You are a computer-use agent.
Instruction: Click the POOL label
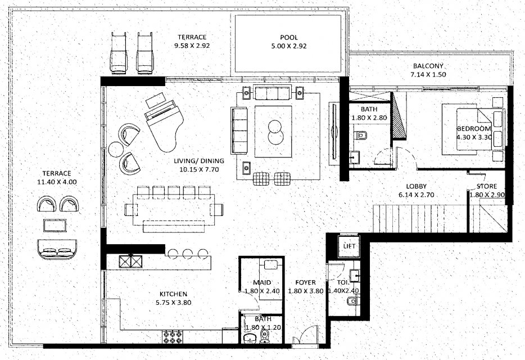[288, 38]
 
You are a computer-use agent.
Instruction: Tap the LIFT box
[349, 246]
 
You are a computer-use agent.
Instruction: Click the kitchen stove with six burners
[173, 336]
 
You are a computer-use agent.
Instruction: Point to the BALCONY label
[428, 66]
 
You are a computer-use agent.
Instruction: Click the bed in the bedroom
[473, 129]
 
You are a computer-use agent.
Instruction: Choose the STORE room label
[487, 186]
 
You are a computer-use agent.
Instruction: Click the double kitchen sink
[130, 261]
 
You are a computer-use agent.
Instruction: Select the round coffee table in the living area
[275, 132]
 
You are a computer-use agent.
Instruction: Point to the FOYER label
[305, 282]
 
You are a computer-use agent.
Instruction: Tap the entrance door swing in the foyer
[305, 334]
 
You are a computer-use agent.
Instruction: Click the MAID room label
[262, 282]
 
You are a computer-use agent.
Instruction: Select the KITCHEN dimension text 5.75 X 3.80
[174, 303]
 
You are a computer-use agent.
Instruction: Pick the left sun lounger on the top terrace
[119, 53]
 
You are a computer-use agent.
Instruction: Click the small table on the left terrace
[55, 225]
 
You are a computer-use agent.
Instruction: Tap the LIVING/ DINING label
[199, 161]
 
